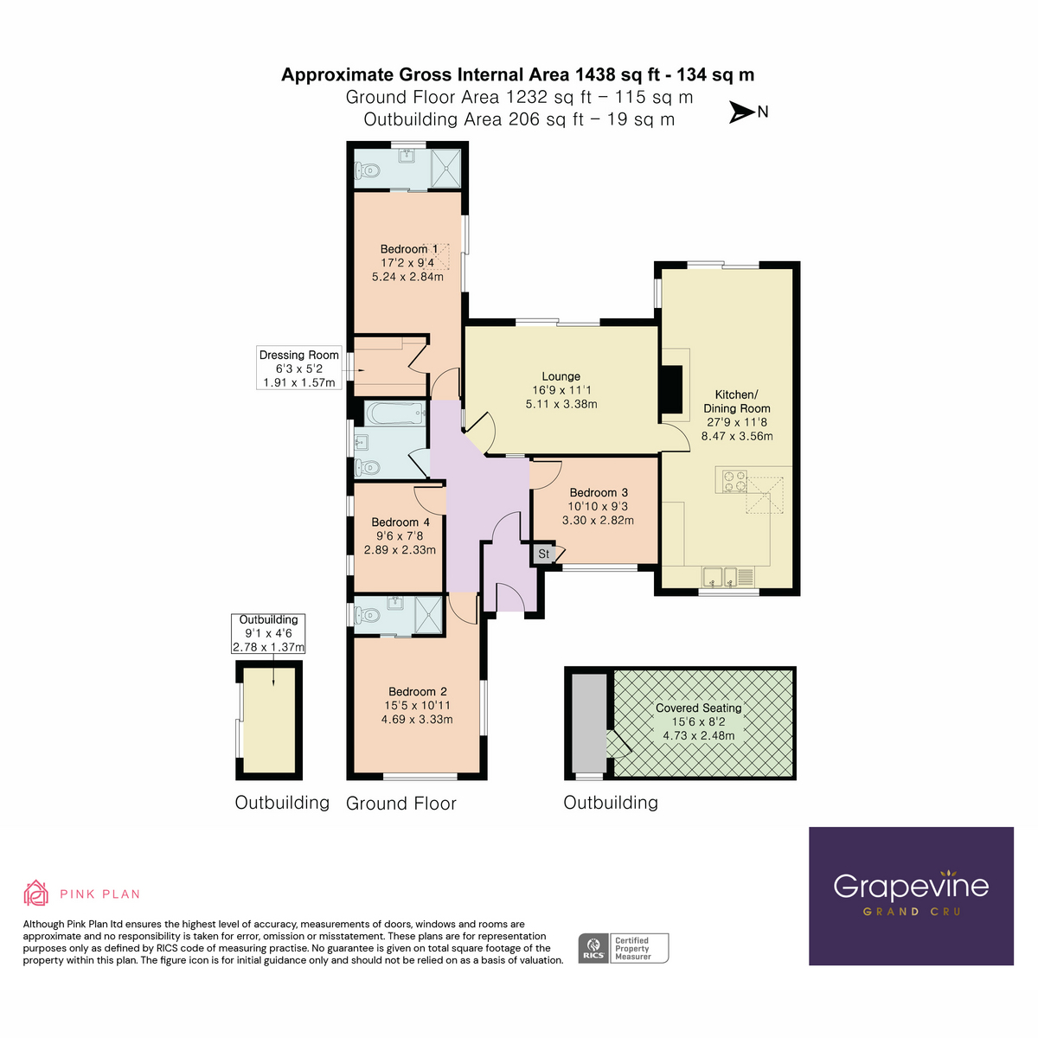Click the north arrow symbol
point(741,112)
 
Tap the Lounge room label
point(561,376)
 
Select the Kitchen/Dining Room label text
point(736,401)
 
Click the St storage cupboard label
point(543,554)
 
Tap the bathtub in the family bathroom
point(394,413)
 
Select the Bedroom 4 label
point(400,522)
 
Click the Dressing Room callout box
point(299,368)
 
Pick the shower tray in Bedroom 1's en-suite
point(446,168)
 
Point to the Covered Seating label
point(698,708)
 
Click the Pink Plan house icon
point(36,893)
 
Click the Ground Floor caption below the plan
point(400,804)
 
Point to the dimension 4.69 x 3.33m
point(417,719)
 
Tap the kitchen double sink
point(720,577)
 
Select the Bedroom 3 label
point(599,492)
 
